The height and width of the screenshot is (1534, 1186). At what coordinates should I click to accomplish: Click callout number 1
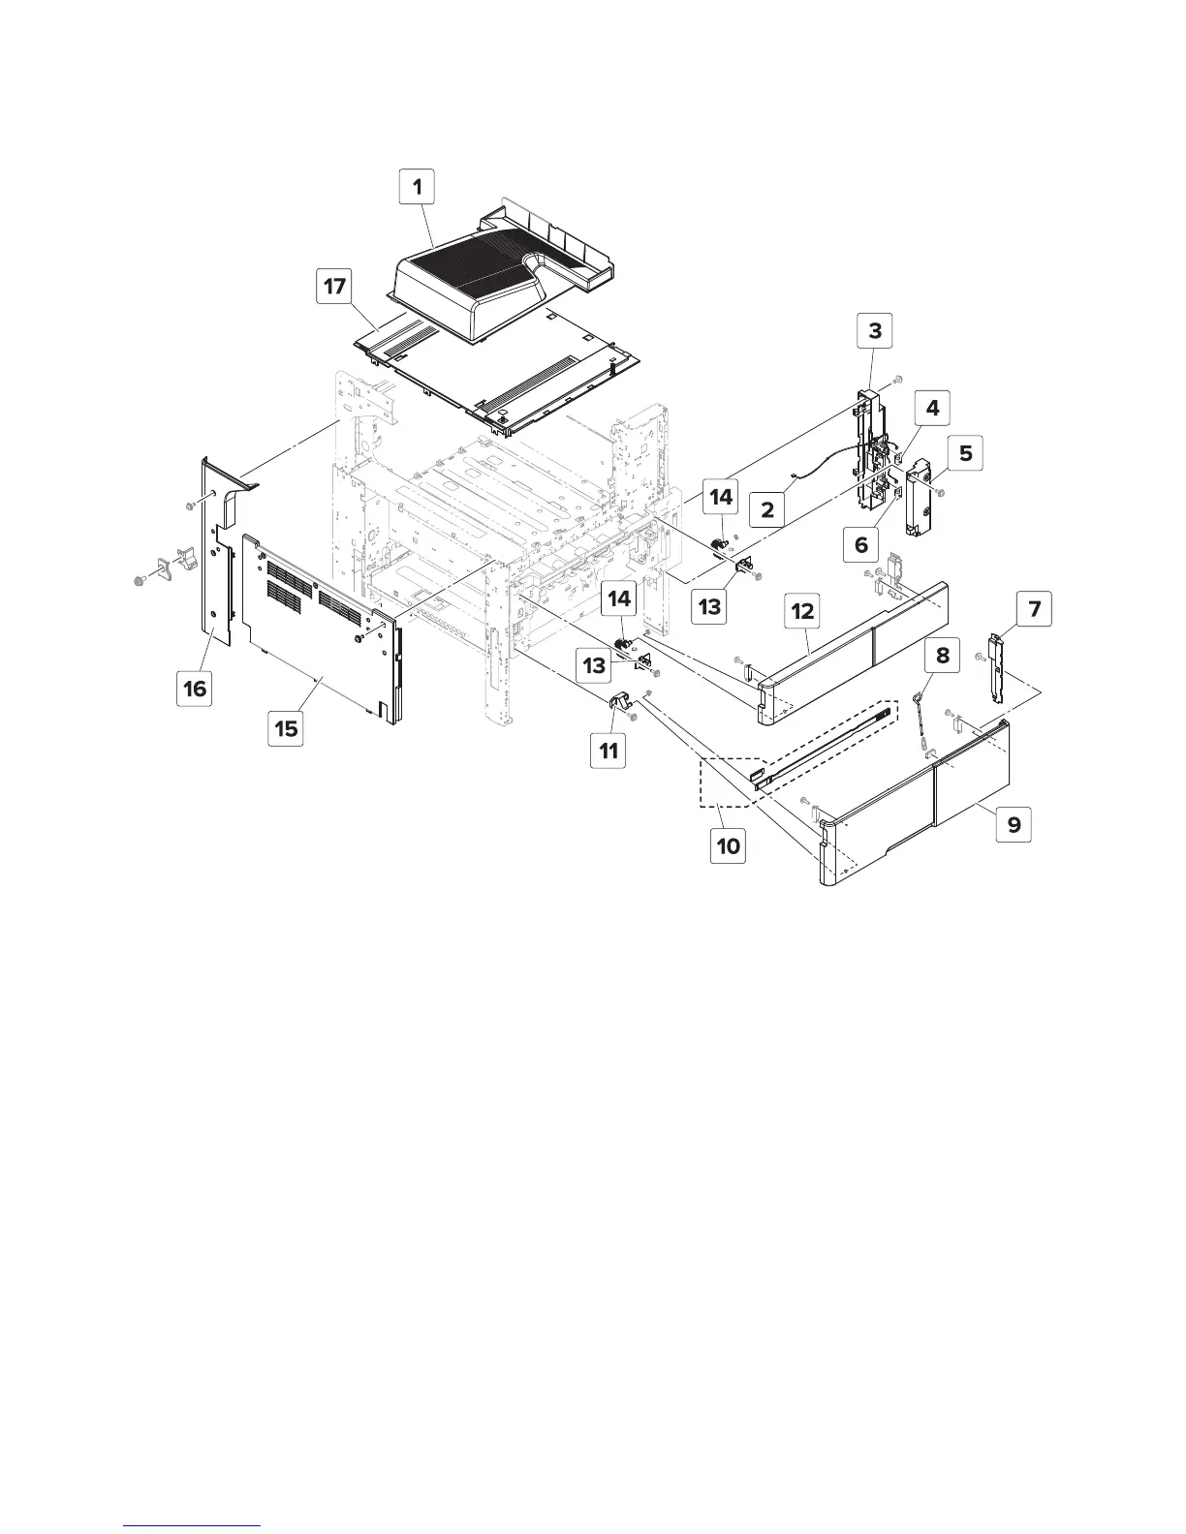pos(419,187)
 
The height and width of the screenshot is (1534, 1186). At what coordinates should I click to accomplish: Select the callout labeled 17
pos(334,289)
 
